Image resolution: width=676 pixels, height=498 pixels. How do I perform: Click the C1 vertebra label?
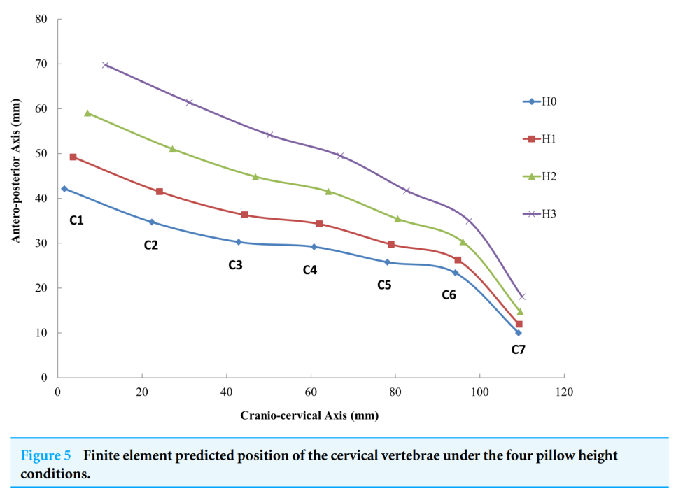(x=76, y=221)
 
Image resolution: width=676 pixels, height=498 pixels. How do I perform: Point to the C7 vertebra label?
(x=518, y=349)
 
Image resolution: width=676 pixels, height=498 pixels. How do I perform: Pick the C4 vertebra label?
(x=310, y=270)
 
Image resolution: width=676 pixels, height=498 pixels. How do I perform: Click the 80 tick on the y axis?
(x=43, y=20)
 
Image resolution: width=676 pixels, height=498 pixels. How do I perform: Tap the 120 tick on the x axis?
(x=564, y=392)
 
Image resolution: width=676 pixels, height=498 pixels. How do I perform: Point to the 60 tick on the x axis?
(x=311, y=392)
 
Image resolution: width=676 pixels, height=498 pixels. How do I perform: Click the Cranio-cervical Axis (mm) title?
(x=309, y=415)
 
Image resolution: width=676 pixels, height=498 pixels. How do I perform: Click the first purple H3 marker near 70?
(x=106, y=65)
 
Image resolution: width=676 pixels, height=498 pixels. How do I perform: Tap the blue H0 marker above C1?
(x=64, y=189)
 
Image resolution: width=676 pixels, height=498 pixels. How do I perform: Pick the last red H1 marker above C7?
(x=519, y=324)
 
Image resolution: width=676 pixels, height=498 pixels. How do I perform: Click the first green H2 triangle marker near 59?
(x=87, y=113)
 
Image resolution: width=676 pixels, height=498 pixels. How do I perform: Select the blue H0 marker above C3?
(x=239, y=242)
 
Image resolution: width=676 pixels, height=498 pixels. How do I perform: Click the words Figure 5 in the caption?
(x=45, y=456)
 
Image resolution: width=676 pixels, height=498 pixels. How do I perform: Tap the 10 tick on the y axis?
(x=43, y=333)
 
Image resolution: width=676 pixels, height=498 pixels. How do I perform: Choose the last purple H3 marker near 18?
(x=521, y=297)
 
